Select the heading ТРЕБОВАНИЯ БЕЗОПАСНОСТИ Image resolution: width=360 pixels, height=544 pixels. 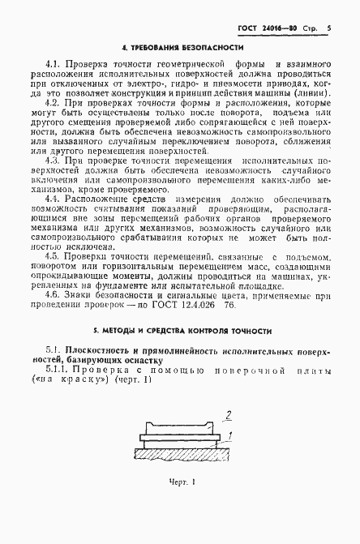click(x=186, y=48)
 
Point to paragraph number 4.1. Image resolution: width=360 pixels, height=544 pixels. click(x=54, y=64)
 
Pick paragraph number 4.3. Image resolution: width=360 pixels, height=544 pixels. click(x=54, y=161)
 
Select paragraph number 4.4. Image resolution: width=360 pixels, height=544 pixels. click(x=54, y=199)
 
